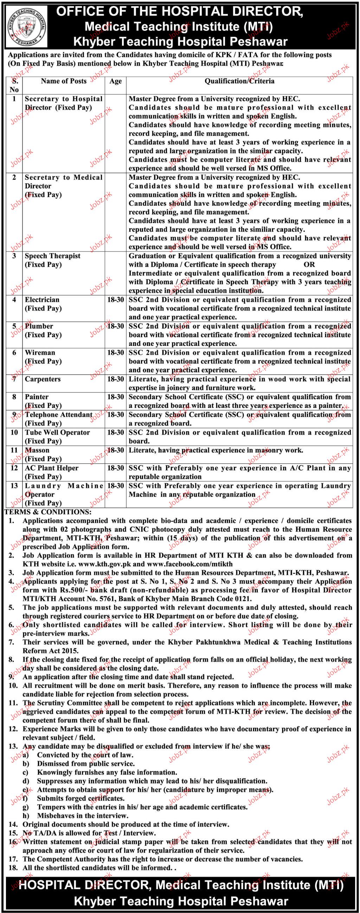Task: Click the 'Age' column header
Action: click(116, 81)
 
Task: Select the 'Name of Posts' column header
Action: click(64, 81)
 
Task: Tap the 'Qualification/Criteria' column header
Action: click(239, 81)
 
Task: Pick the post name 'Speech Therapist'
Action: click(52, 256)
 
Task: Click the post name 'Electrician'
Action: click(42, 300)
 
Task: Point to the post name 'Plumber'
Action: click(39, 326)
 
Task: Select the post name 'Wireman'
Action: click(40, 353)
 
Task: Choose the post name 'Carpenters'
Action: click(43, 379)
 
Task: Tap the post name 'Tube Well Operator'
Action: click(57, 432)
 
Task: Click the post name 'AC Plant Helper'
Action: click(52, 468)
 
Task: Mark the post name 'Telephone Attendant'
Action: click(58, 415)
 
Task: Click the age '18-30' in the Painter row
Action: click(116, 397)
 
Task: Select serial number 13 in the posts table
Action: click(14, 486)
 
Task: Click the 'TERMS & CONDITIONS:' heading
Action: click(47, 512)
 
